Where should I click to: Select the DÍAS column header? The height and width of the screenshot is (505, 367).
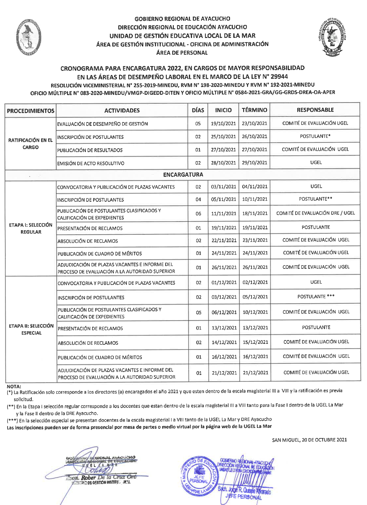198,110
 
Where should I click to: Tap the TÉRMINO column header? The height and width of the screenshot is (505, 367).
254,110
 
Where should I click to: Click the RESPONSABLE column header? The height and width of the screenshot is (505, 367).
315,110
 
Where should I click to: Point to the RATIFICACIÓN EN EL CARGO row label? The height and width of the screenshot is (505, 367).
31,144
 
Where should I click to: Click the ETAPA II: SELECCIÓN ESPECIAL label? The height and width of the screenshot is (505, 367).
31,329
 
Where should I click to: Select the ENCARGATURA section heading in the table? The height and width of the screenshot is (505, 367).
183,175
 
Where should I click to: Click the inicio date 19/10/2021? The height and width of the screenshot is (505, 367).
223,123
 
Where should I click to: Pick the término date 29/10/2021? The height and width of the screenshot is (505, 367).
255,163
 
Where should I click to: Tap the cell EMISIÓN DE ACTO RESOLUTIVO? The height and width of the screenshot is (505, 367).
91,163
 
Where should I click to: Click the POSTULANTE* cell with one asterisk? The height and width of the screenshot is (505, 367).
315,136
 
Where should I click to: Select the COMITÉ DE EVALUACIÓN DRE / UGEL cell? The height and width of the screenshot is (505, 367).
316,213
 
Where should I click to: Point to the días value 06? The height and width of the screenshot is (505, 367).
198,214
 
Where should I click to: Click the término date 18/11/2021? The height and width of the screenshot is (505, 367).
255,213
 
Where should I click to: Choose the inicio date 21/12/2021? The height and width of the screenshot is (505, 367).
224,373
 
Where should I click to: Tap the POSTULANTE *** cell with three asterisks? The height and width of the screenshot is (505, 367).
316,297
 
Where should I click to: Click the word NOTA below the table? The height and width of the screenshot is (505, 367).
14,387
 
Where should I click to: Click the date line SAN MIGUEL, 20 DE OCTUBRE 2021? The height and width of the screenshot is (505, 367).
309,440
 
